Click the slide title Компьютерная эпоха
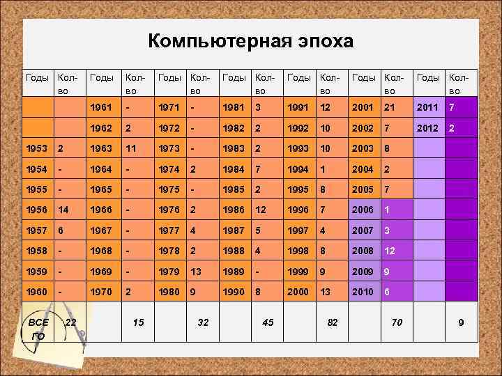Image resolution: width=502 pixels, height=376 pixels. pyautogui.click(x=250, y=41)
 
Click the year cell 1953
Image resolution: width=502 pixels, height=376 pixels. pyautogui.click(x=36, y=148)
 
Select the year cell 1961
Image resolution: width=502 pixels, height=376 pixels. pyautogui.click(x=102, y=108)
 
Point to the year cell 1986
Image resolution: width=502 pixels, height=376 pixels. pyautogui.click(x=234, y=210)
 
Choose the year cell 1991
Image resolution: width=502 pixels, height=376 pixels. pyautogui.click(x=298, y=108)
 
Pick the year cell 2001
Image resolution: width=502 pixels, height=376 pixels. pyautogui.click(x=363, y=108)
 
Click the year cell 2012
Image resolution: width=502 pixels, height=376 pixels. pyautogui.click(x=427, y=128)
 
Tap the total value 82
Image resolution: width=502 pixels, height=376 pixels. pyautogui.click(x=333, y=322)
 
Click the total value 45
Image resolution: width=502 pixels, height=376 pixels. pyautogui.click(x=268, y=322)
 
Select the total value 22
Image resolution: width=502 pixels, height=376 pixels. pyautogui.click(x=70, y=322)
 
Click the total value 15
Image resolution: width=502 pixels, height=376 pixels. pyautogui.click(x=138, y=322)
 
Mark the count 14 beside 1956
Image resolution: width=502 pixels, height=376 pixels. pyautogui.click(x=63, y=210)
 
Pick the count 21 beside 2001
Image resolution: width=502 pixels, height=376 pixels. pyautogui.click(x=388, y=108)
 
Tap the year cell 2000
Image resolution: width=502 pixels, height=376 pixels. pyautogui.click(x=298, y=292)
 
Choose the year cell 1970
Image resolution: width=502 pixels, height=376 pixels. pyautogui.click(x=102, y=292)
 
